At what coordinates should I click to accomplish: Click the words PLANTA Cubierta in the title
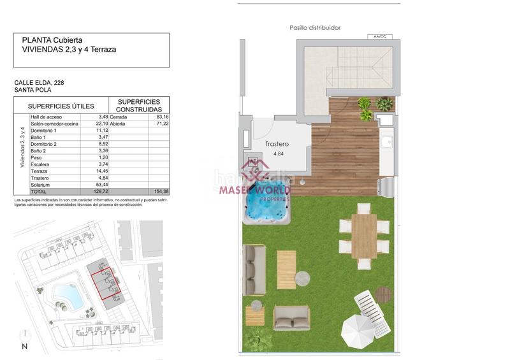point(52,40)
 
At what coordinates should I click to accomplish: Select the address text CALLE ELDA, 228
point(39,83)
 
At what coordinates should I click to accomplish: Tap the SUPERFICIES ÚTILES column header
point(61,106)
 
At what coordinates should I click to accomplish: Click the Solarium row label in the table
point(41,184)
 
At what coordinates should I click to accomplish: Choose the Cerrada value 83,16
point(162,117)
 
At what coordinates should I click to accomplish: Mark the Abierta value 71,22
point(162,124)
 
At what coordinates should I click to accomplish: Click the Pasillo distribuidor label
point(315,28)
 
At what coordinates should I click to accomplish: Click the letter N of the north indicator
point(24,347)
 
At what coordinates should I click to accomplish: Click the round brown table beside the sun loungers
point(382,294)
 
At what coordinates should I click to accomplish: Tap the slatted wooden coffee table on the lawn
point(286,270)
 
